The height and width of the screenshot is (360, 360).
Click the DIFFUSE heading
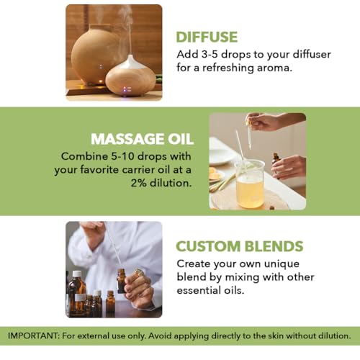click(207, 37)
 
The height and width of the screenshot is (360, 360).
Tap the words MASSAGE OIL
click(142, 139)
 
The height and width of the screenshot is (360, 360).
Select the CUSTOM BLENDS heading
click(240, 246)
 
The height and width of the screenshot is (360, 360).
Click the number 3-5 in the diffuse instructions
click(210, 54)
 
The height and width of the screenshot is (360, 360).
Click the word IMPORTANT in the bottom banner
click(33, 336)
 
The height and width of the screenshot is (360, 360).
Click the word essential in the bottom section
click(199, 290)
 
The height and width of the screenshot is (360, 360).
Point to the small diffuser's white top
click(131, 62)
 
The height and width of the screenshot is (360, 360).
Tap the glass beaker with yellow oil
click(250, 184)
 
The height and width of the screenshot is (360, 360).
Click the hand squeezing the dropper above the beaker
click(261, 122)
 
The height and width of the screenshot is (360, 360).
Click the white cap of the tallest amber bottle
click(77, 274)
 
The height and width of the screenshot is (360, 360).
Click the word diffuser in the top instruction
click(312, 54)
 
